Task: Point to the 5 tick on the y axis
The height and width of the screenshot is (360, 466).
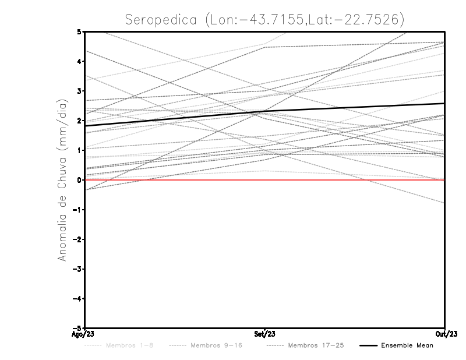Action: coord(79,31)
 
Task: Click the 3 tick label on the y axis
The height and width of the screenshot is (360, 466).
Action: coord(79,91)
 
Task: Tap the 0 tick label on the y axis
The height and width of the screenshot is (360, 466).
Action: coord(79,180)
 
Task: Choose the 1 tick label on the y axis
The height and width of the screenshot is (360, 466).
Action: coord(79,150)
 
